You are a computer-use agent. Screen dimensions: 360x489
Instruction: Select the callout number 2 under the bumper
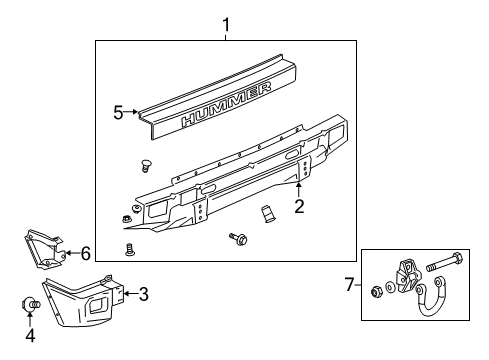coord(298,207)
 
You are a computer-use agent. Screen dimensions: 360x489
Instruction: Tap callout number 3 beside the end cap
coord(143,293)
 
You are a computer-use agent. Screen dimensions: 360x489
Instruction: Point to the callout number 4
coord(30,336)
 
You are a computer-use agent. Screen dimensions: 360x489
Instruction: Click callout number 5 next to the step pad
coord(119,113)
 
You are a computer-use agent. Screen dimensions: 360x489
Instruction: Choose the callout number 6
coord(85,253)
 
